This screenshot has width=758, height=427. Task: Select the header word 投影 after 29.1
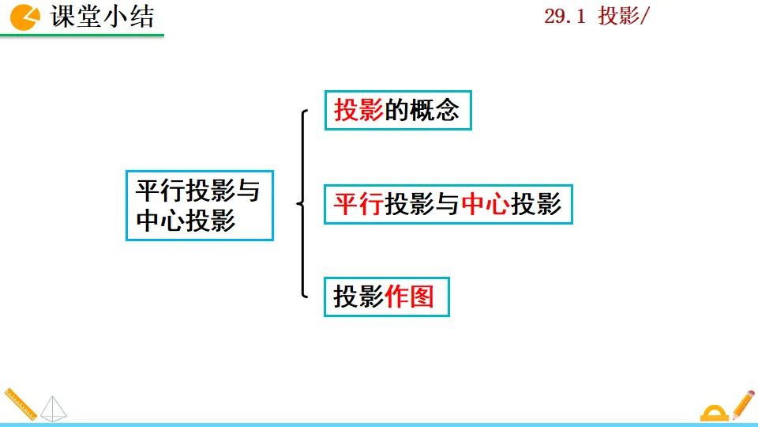pyautogui.click(x=617, y=17)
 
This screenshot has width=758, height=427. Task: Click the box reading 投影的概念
pyautogui.click(x=397, y=110)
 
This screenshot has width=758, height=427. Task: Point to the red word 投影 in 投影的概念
pyautogui.click(x=359, y=110)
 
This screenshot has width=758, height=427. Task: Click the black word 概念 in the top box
pyautogui.click(x=433, y=110)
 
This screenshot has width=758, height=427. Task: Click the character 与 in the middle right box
pyautogui.click(x=448, y=205)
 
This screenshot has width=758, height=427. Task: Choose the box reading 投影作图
pyautogui.click(x=386, y=297)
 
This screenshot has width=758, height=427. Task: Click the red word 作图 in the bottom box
pyautogui.click(x=411, y=297)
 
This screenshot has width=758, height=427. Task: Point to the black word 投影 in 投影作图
pyautogui.click(x=359, y=297)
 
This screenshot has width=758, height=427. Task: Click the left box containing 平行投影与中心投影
pyautogui.click(x=199, y=205)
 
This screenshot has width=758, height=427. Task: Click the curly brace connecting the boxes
pyautogui.click(x=303, y=204)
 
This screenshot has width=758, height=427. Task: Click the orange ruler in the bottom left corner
pyautogui.click(x=20, y=404)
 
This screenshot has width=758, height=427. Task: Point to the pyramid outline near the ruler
pyautogui.click(x=54, y=408)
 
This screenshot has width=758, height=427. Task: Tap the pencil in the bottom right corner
pyautogui.click(x=743, y=403)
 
